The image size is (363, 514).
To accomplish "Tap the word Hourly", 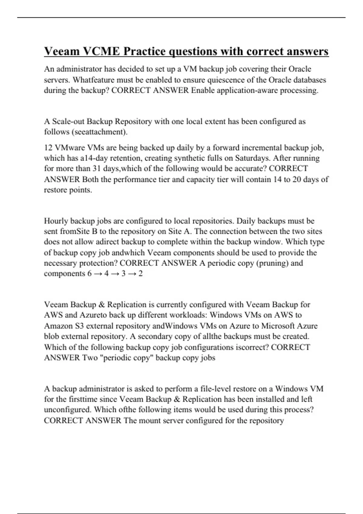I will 56,221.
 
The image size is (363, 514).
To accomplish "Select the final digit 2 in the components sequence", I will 140,273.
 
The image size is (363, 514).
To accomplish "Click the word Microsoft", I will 277,326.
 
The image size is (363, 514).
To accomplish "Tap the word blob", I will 51,336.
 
